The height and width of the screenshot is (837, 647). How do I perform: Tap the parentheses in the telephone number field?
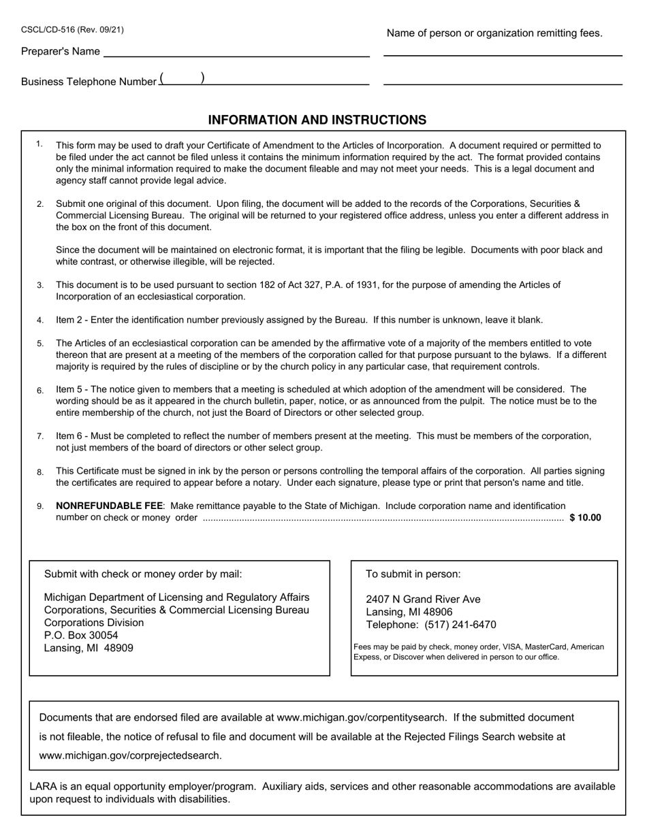(182, 79)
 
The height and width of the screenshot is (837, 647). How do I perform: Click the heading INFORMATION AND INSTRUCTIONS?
(317, 120)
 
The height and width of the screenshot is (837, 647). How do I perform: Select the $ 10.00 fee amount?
(585, 518)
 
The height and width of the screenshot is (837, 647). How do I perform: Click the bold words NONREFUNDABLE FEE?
(109, 506)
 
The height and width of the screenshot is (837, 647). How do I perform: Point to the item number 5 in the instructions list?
(41, 344)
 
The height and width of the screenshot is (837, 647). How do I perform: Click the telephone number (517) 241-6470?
(460, 625)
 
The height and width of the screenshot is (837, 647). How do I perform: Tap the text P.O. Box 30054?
(81, 636)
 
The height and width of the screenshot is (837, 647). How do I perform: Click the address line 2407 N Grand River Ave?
(423, 600)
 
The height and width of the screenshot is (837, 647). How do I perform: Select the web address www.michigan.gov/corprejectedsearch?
(130, 755)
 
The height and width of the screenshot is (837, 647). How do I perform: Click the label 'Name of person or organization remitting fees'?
(494, 33)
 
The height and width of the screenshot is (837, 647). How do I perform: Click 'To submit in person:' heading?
(413, 574)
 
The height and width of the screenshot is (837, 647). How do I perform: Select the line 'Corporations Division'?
(94, 623)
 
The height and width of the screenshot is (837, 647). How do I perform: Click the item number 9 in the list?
(41, 506)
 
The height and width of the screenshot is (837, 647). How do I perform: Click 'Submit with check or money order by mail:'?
(143, 574)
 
